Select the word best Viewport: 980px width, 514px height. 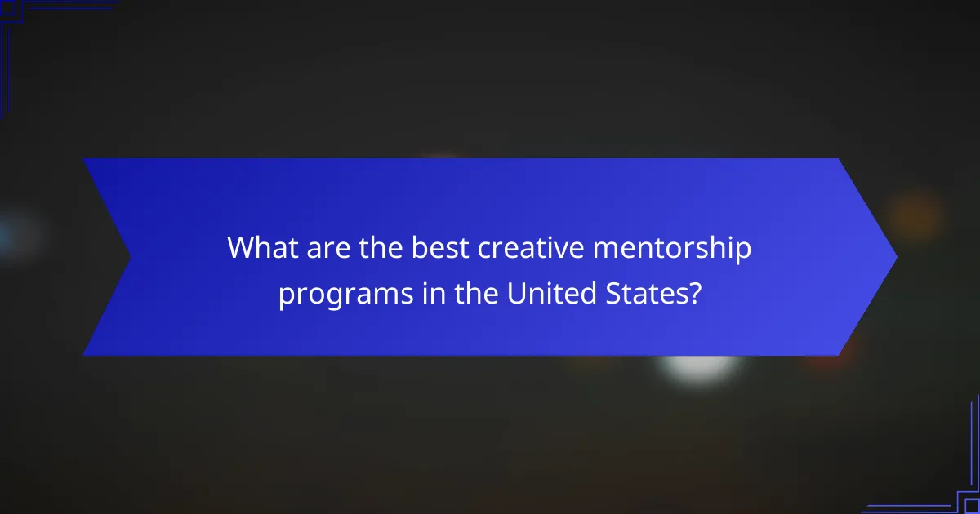coord(440,248)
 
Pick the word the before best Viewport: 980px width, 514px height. coord(379,248)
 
